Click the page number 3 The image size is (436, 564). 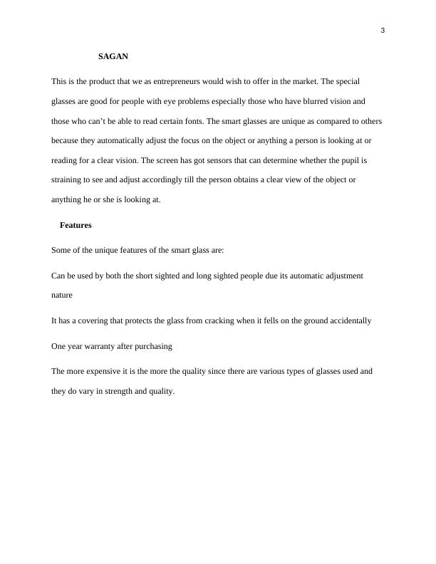tap(383, 30)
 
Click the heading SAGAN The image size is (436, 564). tap(113, 56)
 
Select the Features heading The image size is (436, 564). tap(76, 225)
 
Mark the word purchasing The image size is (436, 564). tap(151, 346)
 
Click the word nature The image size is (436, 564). tap(62, 294)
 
